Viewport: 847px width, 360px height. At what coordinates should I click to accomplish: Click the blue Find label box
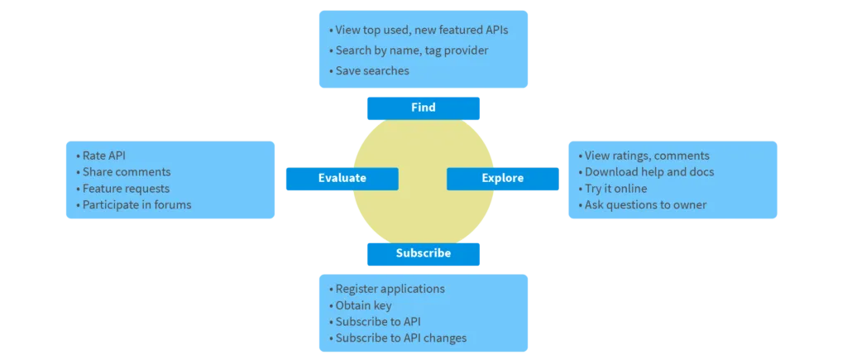click(423, 108)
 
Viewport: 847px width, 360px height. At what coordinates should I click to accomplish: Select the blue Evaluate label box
click(342, 178)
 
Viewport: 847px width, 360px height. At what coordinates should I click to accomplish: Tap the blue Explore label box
click(502, 178)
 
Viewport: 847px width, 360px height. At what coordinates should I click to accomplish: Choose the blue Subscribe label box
click(423, 253)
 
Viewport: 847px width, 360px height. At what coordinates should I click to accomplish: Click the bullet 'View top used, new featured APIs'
click(421, 30)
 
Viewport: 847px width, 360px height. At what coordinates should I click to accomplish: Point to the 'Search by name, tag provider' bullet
click(411, 50)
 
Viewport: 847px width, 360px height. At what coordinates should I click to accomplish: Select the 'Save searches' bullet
click(371, 71)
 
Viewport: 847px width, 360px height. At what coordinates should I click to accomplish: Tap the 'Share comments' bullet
click(126, 172)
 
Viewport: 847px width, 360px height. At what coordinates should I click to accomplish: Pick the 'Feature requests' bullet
click(125, 189)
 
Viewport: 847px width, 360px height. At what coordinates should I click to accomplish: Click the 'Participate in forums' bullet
click(136, 204)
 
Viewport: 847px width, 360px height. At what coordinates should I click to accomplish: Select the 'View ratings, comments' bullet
click(646, 156)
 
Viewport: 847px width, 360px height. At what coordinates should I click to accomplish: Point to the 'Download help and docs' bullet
click(648, 172)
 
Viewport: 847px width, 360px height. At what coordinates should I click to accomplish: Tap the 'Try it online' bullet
click(615, 189)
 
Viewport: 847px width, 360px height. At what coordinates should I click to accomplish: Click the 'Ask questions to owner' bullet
click(645, 204)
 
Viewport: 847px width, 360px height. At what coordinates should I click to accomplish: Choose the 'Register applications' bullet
click(390, 289)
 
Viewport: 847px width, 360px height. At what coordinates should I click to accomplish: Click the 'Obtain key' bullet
click(363, 305)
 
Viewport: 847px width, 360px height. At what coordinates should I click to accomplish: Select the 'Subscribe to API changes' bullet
click(400, 338)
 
